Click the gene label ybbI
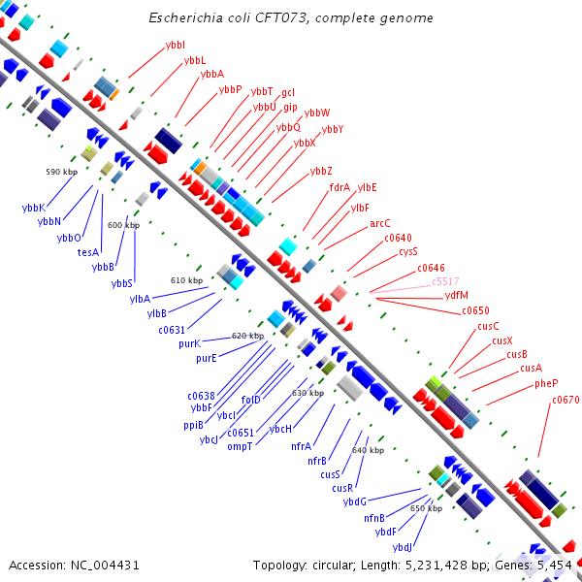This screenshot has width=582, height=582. click(176, 45)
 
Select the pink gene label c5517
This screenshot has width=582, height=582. click(445, 281)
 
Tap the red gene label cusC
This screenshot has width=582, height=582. click(488, 326)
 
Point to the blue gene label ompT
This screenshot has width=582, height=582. click(240, 446)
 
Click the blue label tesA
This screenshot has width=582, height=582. click(88, 252)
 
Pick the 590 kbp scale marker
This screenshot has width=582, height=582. click(62, 172)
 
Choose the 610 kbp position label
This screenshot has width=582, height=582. click(186, 280)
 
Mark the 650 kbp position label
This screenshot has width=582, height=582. click(426, 508)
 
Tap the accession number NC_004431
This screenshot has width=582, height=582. click(105, 566)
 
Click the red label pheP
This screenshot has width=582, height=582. click(546, 383)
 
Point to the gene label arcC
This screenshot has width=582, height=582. click(380, 223)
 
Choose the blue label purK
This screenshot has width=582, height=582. click(190, 343)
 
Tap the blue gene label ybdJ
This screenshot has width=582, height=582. click(403, 547)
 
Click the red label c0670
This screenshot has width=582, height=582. click(566, 400)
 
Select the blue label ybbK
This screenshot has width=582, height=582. click(34, 208)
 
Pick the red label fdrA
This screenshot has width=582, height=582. click(339, 188)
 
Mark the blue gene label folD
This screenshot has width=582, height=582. click(251, 400)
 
